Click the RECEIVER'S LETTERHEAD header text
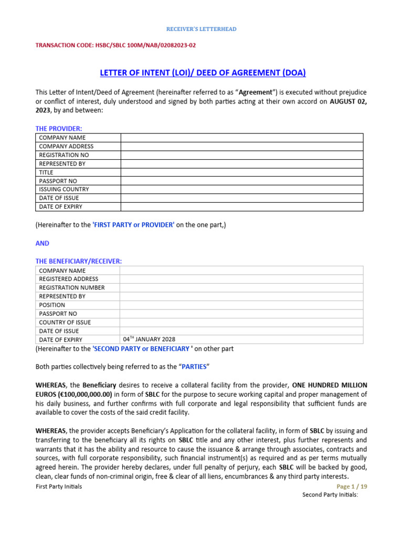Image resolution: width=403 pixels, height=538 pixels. tap(201, 29)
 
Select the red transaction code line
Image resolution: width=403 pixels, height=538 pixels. tap(115, 45)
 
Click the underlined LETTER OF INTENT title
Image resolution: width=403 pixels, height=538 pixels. tap(201, 73)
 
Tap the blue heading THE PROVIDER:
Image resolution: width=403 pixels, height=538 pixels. tap(59, 129)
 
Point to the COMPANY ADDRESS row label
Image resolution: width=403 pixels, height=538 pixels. tap(66, 146)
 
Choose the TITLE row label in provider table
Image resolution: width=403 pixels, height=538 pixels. tap(46, 172)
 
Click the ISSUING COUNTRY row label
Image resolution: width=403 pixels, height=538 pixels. tap(64, 189)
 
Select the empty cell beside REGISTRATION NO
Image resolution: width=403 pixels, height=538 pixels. tap(241, 155)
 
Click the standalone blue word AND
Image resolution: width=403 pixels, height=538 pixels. tap(43, 243)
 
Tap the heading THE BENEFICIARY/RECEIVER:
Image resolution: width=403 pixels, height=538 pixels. tap(79, 261)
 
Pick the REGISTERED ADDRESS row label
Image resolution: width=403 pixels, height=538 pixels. tap(69, 279)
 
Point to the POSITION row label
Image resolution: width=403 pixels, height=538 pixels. tap(52, 305)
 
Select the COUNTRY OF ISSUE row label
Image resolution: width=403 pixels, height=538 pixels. tap(65, 322)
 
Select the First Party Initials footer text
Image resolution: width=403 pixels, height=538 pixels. tap(58, 487)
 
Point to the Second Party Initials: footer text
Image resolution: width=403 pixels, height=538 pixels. tap(330, 495)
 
